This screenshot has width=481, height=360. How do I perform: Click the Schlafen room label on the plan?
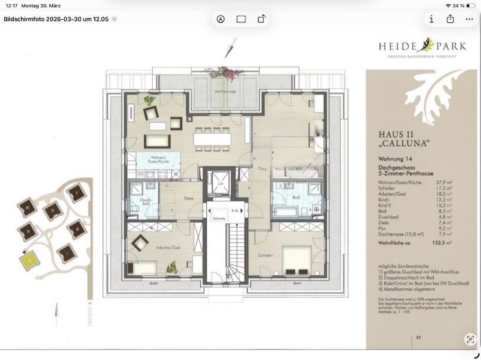point(267,255)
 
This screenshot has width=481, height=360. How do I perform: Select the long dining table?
point(211,139)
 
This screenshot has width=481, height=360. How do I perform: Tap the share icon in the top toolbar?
point(450,19)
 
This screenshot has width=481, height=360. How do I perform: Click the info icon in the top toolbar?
point(432,19)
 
